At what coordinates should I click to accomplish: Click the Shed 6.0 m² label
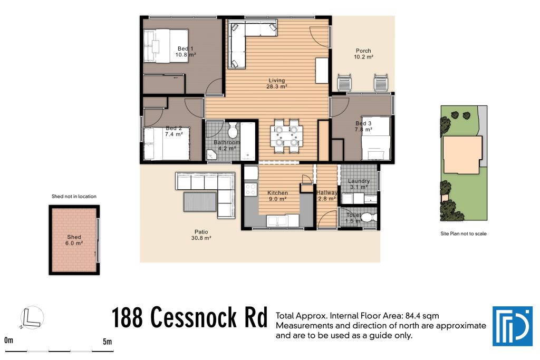74,240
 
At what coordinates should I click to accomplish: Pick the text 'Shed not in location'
74,197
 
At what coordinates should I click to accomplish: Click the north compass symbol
32,318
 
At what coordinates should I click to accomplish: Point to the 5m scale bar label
108,342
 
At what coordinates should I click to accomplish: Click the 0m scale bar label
8,342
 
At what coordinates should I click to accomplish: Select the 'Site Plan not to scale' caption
463,233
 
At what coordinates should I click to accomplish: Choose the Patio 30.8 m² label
201,235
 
